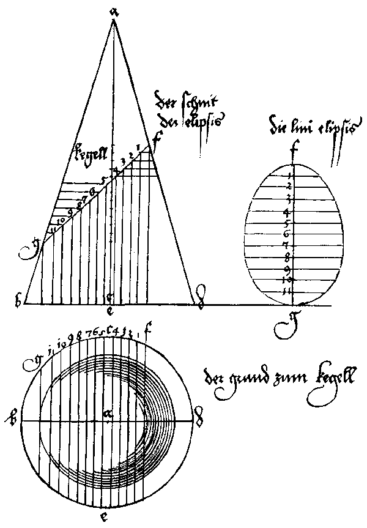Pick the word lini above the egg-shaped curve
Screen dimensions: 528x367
(306, 129)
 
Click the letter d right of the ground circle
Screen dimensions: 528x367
(198, 421)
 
